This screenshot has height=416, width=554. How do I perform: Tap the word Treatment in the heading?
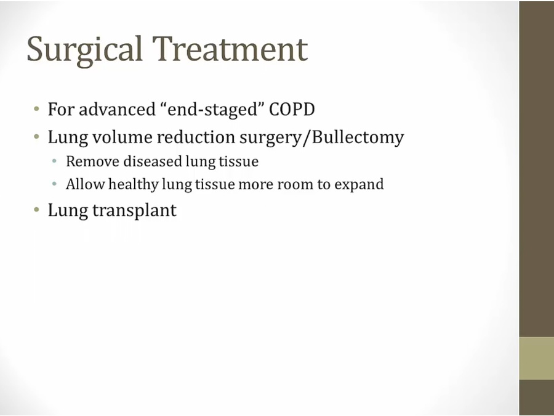click(230, 49)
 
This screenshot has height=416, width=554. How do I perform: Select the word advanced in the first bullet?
click(118, 109)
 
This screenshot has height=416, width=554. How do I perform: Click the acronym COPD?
click(292, 109)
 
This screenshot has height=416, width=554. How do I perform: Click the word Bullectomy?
click(358, 137)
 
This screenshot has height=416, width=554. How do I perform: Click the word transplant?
click(134, 211)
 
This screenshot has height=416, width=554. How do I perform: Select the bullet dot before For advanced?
click(37, 108)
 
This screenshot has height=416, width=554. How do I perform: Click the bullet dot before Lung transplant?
click(37, 210)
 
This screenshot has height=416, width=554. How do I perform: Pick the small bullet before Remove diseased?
click(54, 161)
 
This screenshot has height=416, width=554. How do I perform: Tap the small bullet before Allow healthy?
click(54, 184)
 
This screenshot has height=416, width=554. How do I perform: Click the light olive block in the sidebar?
click(536, 358)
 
